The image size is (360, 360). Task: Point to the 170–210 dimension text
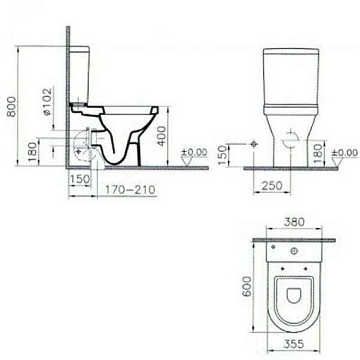click(128, 191)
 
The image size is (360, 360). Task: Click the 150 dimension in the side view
click(78, 179)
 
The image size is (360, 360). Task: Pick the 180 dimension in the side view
click(31, 150)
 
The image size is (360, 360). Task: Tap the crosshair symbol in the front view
click(253, 145)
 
